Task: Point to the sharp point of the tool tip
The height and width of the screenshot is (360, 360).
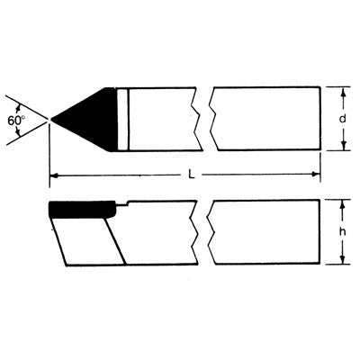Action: (52, 119)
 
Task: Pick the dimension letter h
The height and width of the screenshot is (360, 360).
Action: (344, 232)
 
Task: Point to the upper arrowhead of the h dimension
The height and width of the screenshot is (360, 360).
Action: (344, 203)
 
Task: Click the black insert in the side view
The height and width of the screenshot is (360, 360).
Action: (82, 211)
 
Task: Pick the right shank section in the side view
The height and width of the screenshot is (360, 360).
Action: (265, 232)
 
